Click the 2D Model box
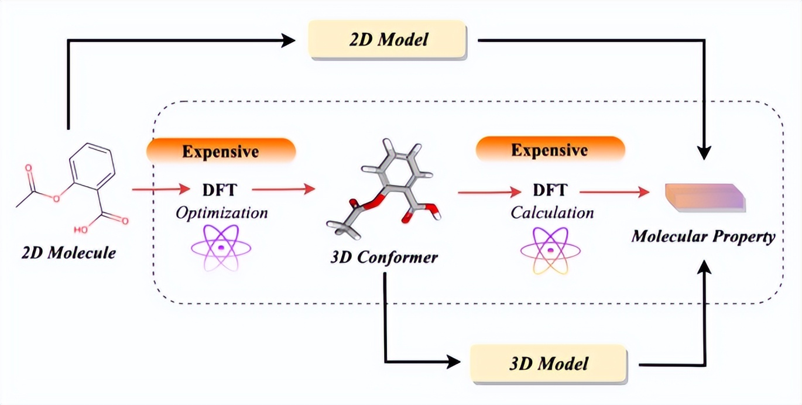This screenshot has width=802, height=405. tap(387, 40)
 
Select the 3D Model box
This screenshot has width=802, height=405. tap(549, 363)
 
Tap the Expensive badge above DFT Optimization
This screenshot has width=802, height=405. tap(221, 152)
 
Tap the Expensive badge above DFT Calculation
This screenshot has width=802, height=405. tap(550, 150)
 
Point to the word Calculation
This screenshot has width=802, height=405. tap(552, 212)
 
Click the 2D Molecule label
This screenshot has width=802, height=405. tap(68, 253)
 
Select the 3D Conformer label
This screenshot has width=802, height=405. tap(383, 257)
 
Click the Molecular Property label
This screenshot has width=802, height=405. tap(703, 237)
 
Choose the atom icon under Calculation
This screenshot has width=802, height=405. tap(550, 251)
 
